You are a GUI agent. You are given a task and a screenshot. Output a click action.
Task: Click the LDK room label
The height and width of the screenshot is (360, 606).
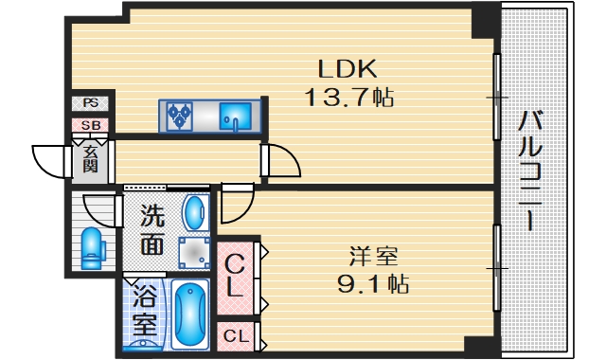click(x=348, y=68)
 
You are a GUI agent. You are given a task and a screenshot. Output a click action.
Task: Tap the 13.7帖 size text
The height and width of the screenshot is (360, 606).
click(x=348, y=96)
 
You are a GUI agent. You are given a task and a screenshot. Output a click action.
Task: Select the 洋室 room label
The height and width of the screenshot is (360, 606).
click(x=373, y=256)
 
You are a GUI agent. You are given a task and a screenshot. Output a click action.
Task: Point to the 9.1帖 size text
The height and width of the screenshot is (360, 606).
click(x=373, y=282)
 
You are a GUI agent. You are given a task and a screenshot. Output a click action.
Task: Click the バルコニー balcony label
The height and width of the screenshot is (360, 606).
click(x=531, y=171)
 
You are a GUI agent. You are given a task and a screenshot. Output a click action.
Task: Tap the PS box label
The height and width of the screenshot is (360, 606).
click(x=90, y=103)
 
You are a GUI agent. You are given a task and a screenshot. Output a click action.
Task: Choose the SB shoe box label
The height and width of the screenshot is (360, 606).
click(x=91, y=125)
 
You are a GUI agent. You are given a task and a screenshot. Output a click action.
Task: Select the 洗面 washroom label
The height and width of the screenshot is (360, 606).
click(x=151, y=230)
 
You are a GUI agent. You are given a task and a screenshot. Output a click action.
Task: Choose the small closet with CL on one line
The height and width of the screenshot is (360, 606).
click(x=237, y=334)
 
